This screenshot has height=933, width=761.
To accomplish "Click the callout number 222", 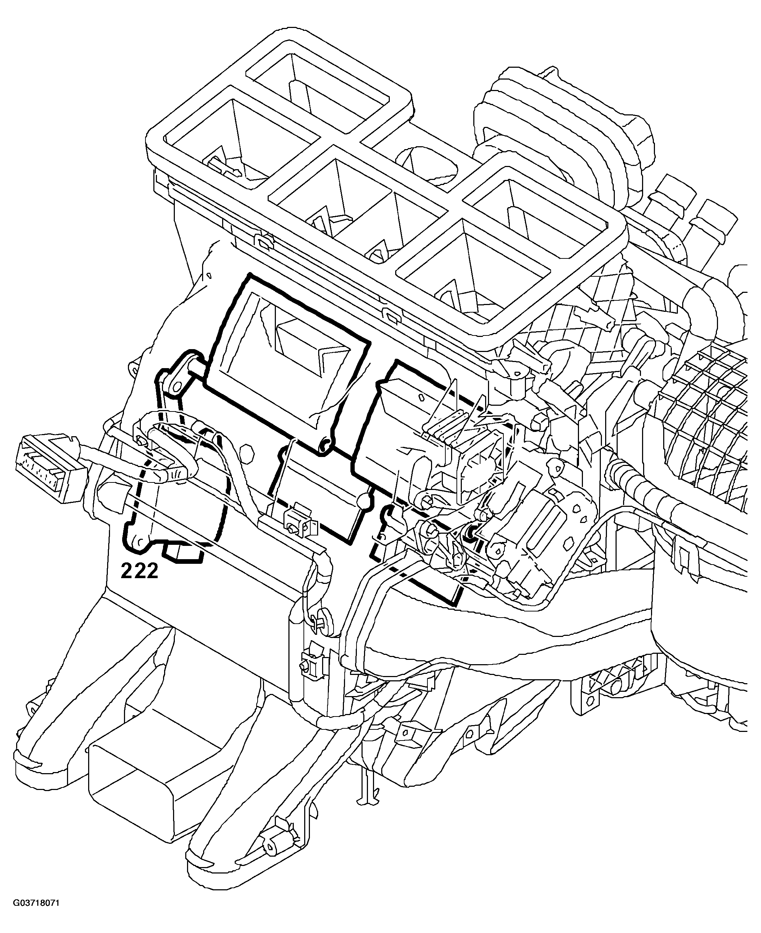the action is coord(139,571).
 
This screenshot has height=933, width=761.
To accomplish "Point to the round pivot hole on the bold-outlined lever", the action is coord(176,386).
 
